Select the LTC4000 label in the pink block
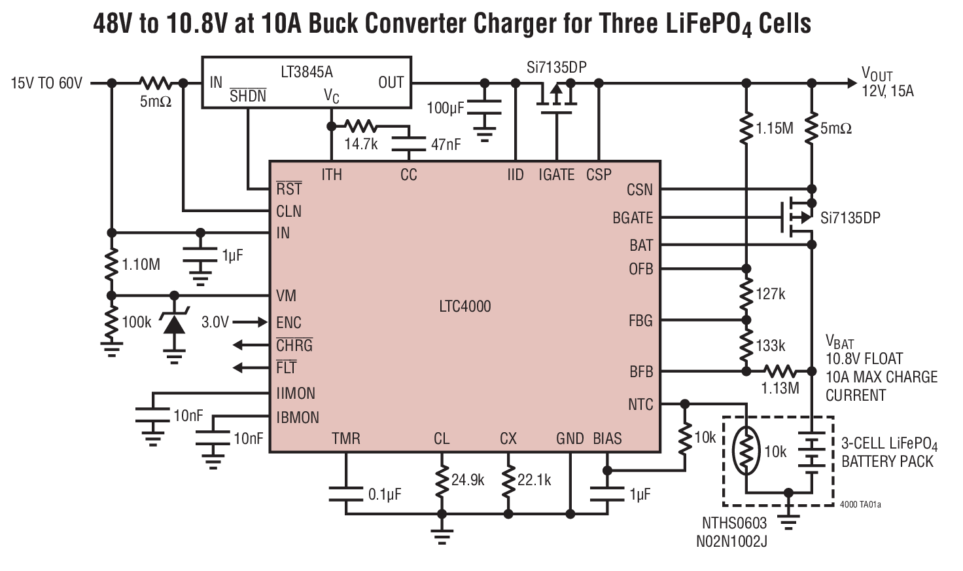pos(464,306)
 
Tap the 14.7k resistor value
pos(361,144)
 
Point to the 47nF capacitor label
pos(446,145)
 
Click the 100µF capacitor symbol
pos(484,107)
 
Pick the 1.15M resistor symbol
pos(746,128)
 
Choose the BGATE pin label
pos(632,218)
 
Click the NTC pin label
pos(640,405)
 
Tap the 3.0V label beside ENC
pos(215,322)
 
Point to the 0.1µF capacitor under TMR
pos(346,494)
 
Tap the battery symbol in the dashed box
pos(811,452)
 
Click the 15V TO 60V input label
pos(46,83)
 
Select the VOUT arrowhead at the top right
pos(850,83)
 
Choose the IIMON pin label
pos(296,394)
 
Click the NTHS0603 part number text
pos(734,523)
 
